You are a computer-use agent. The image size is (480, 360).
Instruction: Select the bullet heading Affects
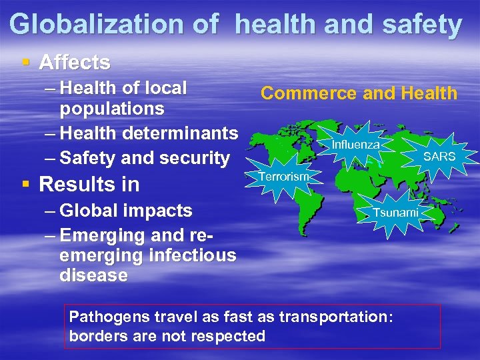(x=75, y=63)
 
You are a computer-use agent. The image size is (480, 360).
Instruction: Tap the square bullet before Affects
(x=26, y=63)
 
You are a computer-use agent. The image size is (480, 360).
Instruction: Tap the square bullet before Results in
(x=26, y=183)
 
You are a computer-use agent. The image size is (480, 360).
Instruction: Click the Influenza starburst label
(x=356, y=144)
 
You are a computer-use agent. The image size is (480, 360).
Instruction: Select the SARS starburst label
(x=439, y=157)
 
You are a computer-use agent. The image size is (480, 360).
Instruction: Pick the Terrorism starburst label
(x=283, y=177)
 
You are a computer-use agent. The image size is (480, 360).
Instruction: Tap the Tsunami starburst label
(x=395, y=212)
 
